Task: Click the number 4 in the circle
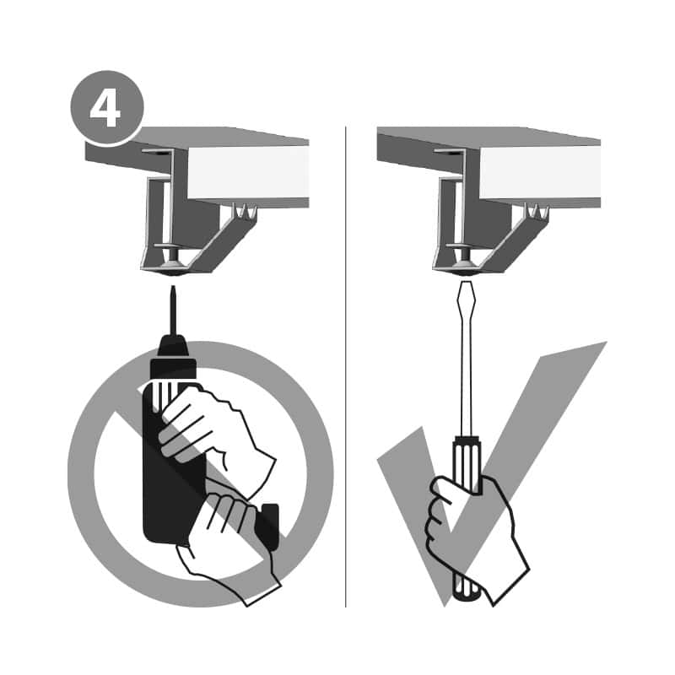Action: coord(105,108)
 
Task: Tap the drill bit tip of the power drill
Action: coord(173,287)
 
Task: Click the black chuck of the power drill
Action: coord(174,355)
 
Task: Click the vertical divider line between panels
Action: coord(346,366)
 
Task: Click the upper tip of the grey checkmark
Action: coord(605,343)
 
